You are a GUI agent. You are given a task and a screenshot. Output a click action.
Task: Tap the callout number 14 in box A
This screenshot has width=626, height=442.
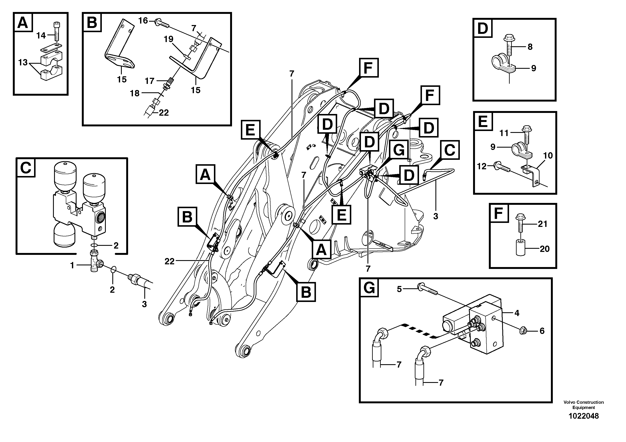click(x=41, y=35)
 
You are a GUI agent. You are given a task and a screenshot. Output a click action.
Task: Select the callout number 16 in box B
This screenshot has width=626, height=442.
click(x=143, y=21)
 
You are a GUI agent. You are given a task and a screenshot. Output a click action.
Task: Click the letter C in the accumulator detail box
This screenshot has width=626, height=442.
click(x=26, y=168)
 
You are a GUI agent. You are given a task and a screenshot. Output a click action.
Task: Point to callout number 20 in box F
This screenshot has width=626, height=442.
click(x=544, y=249)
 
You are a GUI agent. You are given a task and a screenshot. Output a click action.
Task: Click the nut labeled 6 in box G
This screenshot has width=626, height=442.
click(x=523, y=331)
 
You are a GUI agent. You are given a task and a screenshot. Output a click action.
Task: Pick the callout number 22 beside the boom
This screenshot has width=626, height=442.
click(x=169, y=261)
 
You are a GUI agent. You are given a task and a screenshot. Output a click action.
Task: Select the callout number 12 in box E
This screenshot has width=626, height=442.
click(x=482, y=166)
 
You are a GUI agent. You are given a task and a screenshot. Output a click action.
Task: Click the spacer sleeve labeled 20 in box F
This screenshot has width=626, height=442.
click(x=520, y=247)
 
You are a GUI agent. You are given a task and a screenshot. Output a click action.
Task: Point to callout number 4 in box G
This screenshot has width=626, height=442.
click(x=517, y=313)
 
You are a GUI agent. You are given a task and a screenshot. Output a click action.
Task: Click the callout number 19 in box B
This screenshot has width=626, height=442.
click(x=168, y=39)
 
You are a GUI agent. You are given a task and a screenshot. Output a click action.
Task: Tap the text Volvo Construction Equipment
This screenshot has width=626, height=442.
click(x=584, y=405)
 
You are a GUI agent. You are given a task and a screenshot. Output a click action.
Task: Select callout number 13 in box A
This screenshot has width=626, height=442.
click(x=23, y=63)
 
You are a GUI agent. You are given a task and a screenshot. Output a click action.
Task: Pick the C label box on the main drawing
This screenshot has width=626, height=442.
click(x=450, y=150)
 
